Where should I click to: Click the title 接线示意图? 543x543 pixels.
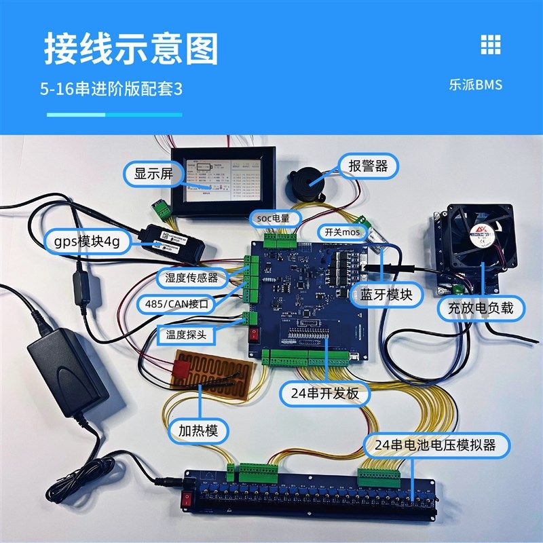pyautogui.click(x=132, y=48)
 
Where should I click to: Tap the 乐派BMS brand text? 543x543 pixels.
pyautogui.click(x=475, y=86)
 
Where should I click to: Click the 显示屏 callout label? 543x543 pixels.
pyautogui.click(x=154, y=174)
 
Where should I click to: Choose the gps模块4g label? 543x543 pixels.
pyautogui.click(x=86, y=243)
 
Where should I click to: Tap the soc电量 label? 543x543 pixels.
pyautogui.click(x=274, y=217)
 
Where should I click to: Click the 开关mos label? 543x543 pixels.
pyautogui.click(x=343, y=232)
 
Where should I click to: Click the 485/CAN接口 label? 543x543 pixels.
pyautogui.click(x=175, y=305)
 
